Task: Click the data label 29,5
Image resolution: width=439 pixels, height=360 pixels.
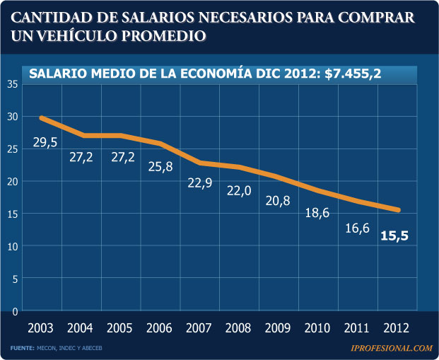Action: [45, 143]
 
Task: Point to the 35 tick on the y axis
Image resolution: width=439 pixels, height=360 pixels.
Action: [13, 84]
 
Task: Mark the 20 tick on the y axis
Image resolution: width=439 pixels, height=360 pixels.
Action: [13, 182]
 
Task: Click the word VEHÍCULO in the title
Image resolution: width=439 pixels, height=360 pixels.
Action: [77, 34]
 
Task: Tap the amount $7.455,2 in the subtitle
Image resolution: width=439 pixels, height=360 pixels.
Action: [353, 74]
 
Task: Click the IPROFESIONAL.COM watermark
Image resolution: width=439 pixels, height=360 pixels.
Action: [391, 348]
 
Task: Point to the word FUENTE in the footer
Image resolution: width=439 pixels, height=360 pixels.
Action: [23, 348]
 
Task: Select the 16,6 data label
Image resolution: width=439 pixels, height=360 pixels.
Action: [357, 228]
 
